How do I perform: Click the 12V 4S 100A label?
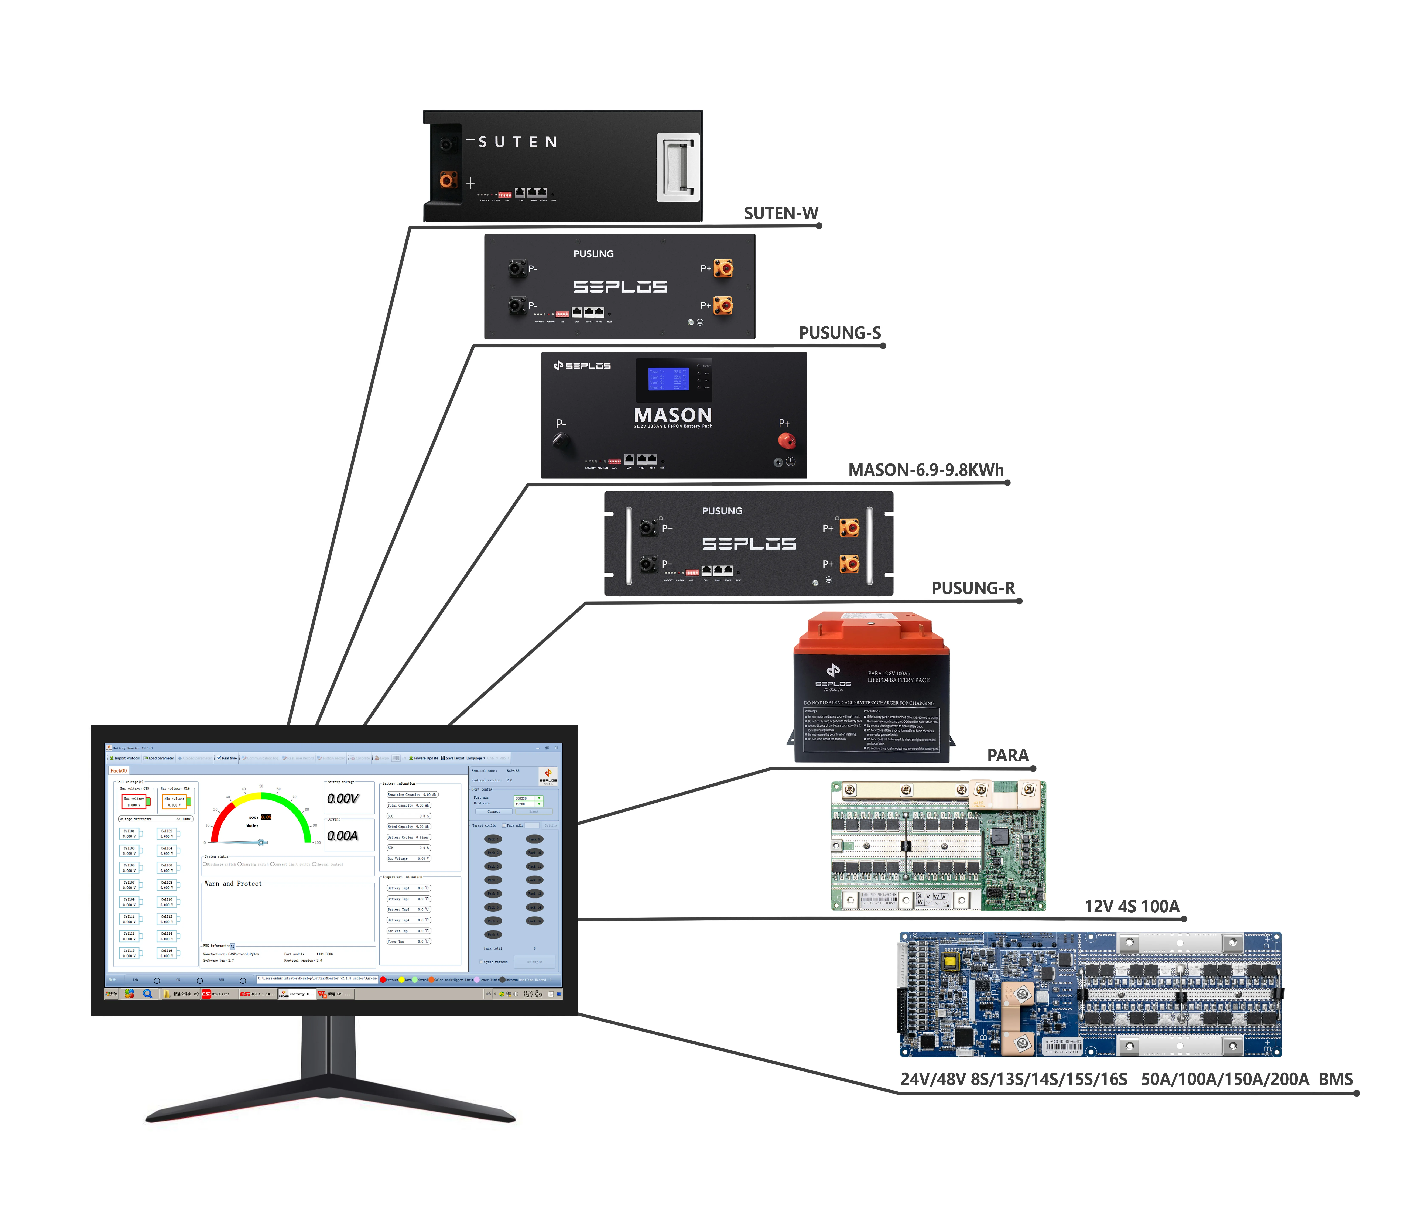(1131, 906)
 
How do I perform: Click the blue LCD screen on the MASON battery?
(668, 378)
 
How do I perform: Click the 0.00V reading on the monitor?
(342, 798)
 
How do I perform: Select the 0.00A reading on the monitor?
(342, 835)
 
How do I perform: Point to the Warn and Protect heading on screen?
(233, 883)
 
